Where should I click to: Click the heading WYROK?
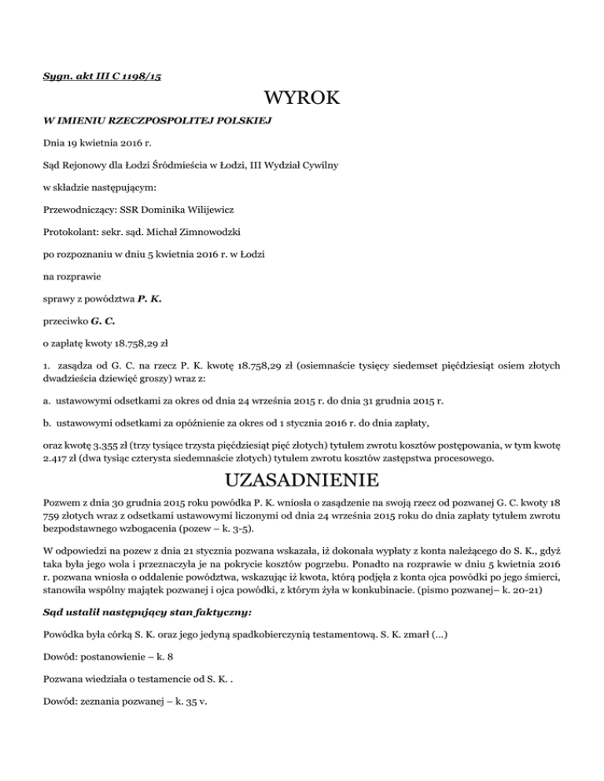pyautogui.click(x=302, y=99)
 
